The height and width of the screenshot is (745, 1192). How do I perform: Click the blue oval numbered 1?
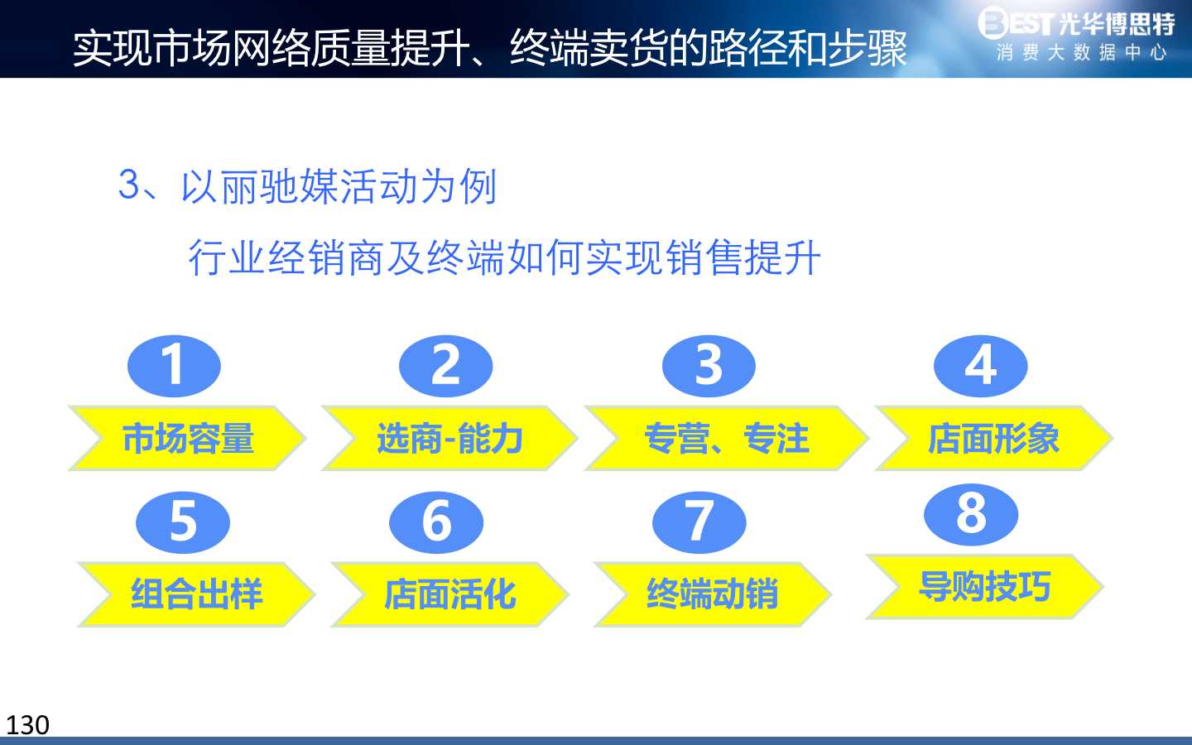pos(174,366)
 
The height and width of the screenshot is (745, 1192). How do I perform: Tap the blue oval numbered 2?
pos(446,366)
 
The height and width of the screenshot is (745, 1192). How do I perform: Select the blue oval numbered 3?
pos(709,366)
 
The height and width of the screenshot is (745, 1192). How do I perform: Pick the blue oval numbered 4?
pos(981,366)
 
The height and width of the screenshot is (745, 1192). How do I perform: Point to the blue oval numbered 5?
pos(183,522)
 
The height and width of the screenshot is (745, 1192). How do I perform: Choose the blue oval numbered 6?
pos(436,522)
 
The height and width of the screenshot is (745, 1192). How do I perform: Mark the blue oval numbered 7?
pos(699,522)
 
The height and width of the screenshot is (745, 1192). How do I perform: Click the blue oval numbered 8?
pos(971,515)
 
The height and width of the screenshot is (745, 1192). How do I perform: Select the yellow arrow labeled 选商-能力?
pos(450,438)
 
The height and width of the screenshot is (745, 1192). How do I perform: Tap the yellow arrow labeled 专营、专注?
pos(727,438)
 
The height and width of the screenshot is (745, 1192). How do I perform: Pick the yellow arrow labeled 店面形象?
pos(994,438)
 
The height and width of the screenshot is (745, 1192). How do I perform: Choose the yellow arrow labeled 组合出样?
pos(197,594)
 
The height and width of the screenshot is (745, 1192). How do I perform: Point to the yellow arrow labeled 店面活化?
pos(450,594)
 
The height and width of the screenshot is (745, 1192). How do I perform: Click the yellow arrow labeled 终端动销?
pos(713,594)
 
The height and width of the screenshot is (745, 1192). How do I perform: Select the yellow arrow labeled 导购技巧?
pos(985,586)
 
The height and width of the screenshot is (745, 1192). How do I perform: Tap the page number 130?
pos(27,725)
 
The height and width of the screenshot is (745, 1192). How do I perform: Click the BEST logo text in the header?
pos(1016,22)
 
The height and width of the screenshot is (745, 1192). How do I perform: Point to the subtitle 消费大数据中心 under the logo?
pos(1081,53)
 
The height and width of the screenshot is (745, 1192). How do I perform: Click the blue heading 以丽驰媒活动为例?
pos(339,186)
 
